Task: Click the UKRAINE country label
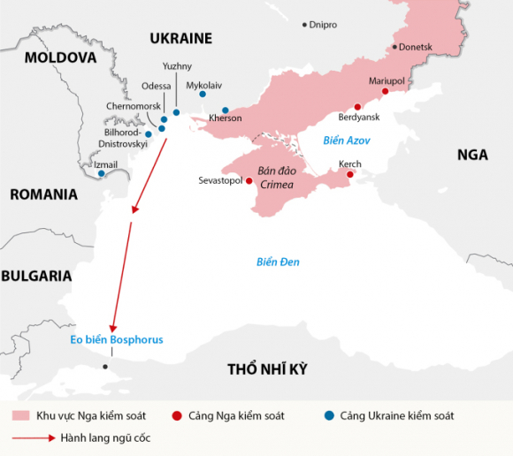coord(180,38)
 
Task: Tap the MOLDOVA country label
coord(60,57)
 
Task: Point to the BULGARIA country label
coord(36,276)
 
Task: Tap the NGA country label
coord(471,155)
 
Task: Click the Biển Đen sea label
coord(278,262)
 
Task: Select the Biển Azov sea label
coord(346,141)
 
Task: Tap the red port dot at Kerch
coord(349,175)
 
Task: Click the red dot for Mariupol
coord(385,91)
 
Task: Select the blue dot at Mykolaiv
coord(203,94)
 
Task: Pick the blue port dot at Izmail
coord(102,173)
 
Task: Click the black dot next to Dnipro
coord(305,25)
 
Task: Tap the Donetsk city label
coord(416,46)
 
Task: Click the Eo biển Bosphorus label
coord(117,339)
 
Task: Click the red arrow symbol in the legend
coord(32,437)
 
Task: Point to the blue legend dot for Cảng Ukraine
coord(329,415)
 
